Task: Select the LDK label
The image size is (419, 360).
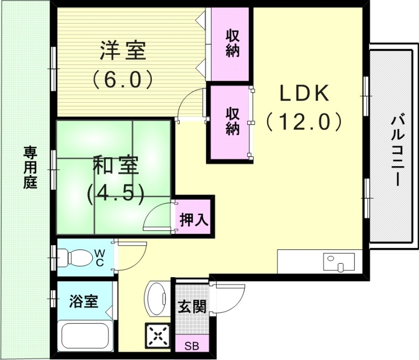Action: tap(303, 94)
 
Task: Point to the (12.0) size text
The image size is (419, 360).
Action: tap(303, 122)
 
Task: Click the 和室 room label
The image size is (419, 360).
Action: tap(115, 166)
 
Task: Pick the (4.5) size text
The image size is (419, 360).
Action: tap(115, 193)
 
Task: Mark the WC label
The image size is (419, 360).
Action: tap(99, 257)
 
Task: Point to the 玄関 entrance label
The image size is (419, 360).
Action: tap(191, 306)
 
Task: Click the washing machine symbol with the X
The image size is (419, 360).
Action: tap(158, 335)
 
